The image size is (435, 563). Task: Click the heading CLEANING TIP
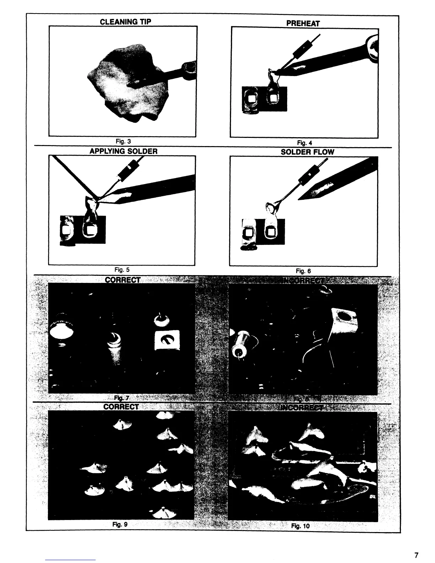(x=125, y=22)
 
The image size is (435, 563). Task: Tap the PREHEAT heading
(x=303, y=23)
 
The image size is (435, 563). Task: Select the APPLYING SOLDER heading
(x=123, y=151)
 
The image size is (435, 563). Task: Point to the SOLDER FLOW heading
(x=307, y=152)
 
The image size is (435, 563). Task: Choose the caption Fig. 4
(x=304, y=143)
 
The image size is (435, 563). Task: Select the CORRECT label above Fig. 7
(x=123, y=280)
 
